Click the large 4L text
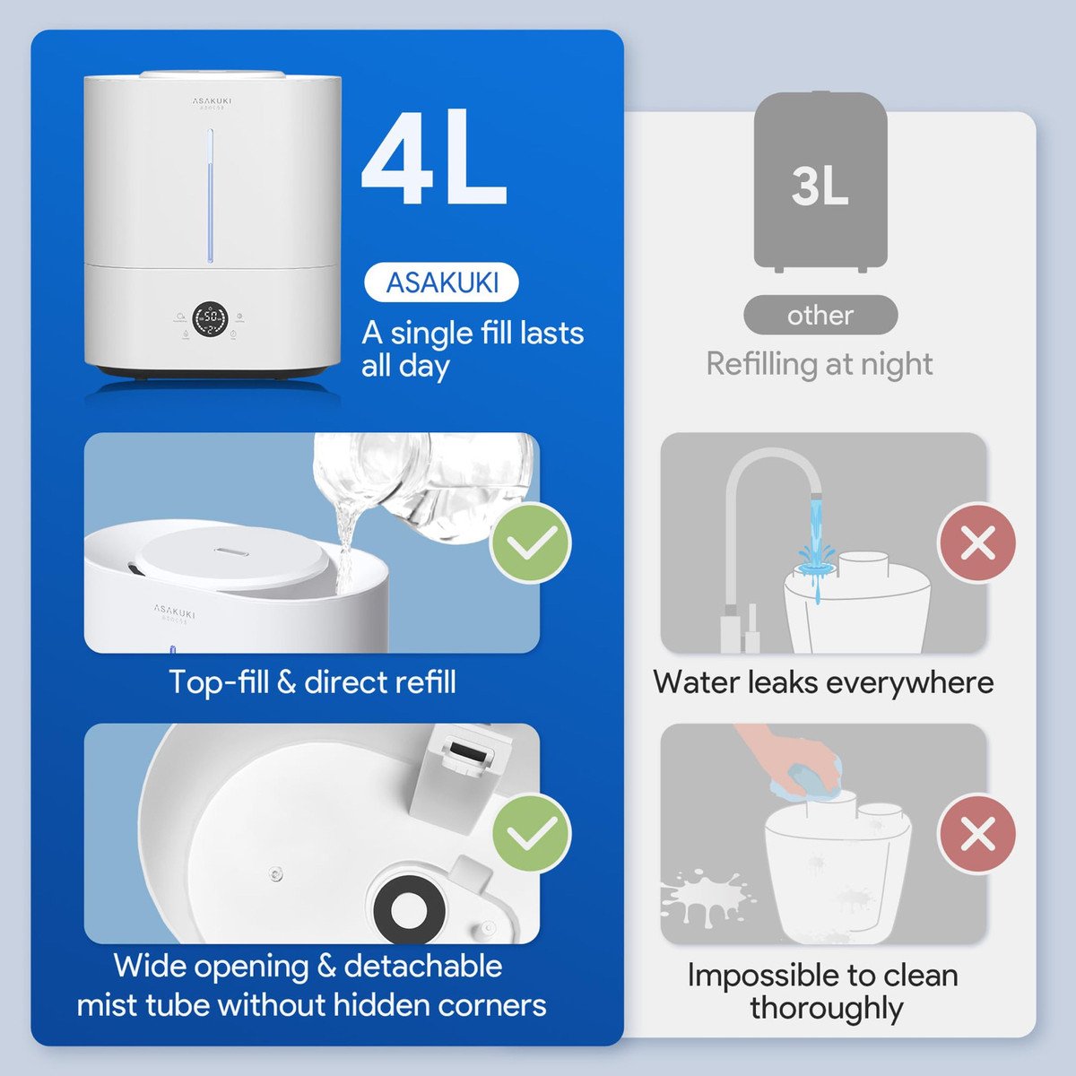point(434,158)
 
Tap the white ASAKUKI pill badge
point(441,282)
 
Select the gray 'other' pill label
point(820,316)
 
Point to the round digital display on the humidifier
point(210,320)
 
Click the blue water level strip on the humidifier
point(211,195)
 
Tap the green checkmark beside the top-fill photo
point(531,542)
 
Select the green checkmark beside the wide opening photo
point(532,834)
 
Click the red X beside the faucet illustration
point(977,542)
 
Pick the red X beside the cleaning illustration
point(977,834)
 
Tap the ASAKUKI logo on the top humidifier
point(213,101)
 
